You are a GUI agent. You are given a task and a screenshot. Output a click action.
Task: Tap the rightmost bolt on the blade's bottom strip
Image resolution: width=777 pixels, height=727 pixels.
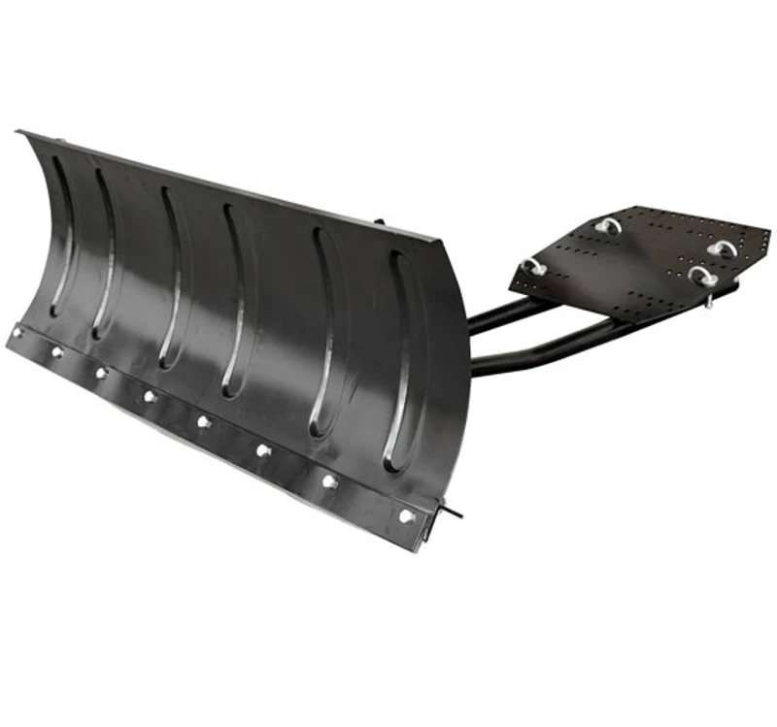407,516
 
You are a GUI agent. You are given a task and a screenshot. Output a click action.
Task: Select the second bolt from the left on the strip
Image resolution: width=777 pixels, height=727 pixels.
56,351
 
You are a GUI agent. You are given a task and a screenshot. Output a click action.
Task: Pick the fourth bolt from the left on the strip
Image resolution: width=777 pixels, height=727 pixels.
149,396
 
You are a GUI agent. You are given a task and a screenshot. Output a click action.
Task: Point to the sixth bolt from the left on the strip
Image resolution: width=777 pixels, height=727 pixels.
262,449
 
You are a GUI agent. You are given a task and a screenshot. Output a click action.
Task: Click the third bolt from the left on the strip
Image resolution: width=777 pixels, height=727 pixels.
100,373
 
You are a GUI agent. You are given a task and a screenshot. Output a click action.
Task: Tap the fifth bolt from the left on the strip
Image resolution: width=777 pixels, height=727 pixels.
203,421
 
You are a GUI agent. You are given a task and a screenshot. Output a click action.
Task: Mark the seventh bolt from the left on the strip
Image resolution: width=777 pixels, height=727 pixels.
330,481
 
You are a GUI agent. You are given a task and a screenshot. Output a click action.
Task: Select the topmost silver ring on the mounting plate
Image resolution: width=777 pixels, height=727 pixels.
608,225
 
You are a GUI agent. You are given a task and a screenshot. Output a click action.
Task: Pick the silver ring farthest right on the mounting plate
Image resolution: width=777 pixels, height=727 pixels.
721,248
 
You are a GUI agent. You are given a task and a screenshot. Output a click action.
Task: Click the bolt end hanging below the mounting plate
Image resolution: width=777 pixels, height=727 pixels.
709,302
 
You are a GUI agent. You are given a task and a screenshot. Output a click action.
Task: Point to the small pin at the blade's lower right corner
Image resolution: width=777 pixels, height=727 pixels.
452,509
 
